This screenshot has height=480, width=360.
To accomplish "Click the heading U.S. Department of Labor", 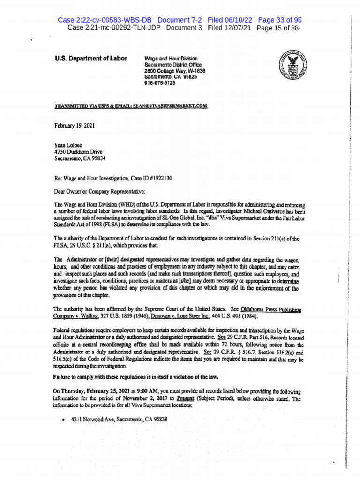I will click(91, 59).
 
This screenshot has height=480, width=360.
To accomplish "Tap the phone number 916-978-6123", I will click(160, 82).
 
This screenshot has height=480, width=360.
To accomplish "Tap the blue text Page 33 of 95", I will click(280, 20).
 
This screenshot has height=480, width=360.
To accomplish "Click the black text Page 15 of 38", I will click(277, 28).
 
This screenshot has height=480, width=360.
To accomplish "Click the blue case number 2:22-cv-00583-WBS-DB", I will click(106, 20).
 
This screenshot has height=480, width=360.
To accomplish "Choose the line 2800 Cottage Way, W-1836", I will click(175, 71).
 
